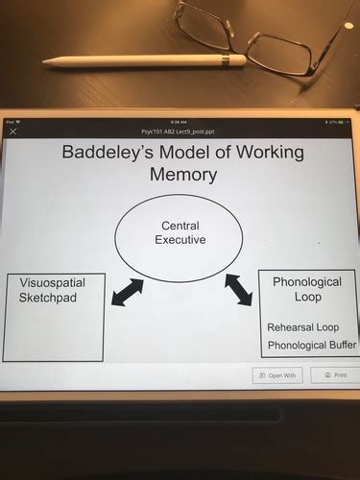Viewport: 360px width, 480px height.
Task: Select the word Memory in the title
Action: pyautogui.click(x=182, y=175)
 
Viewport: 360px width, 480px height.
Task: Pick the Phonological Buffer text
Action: pyautogui.click(x=312, y=345)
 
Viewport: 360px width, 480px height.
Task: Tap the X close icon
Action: pyautogui.click(x=12, y=132)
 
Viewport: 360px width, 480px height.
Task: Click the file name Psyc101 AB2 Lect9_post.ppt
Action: pyautogui.click(x=180, y=131)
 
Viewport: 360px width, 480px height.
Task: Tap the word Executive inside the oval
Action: pyautogui.click(x=180, y=239)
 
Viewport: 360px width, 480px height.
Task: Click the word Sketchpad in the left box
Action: pyautogui.click(x=45, y=299)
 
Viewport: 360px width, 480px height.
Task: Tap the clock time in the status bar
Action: pyautogui.click(x=180, y=122)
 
